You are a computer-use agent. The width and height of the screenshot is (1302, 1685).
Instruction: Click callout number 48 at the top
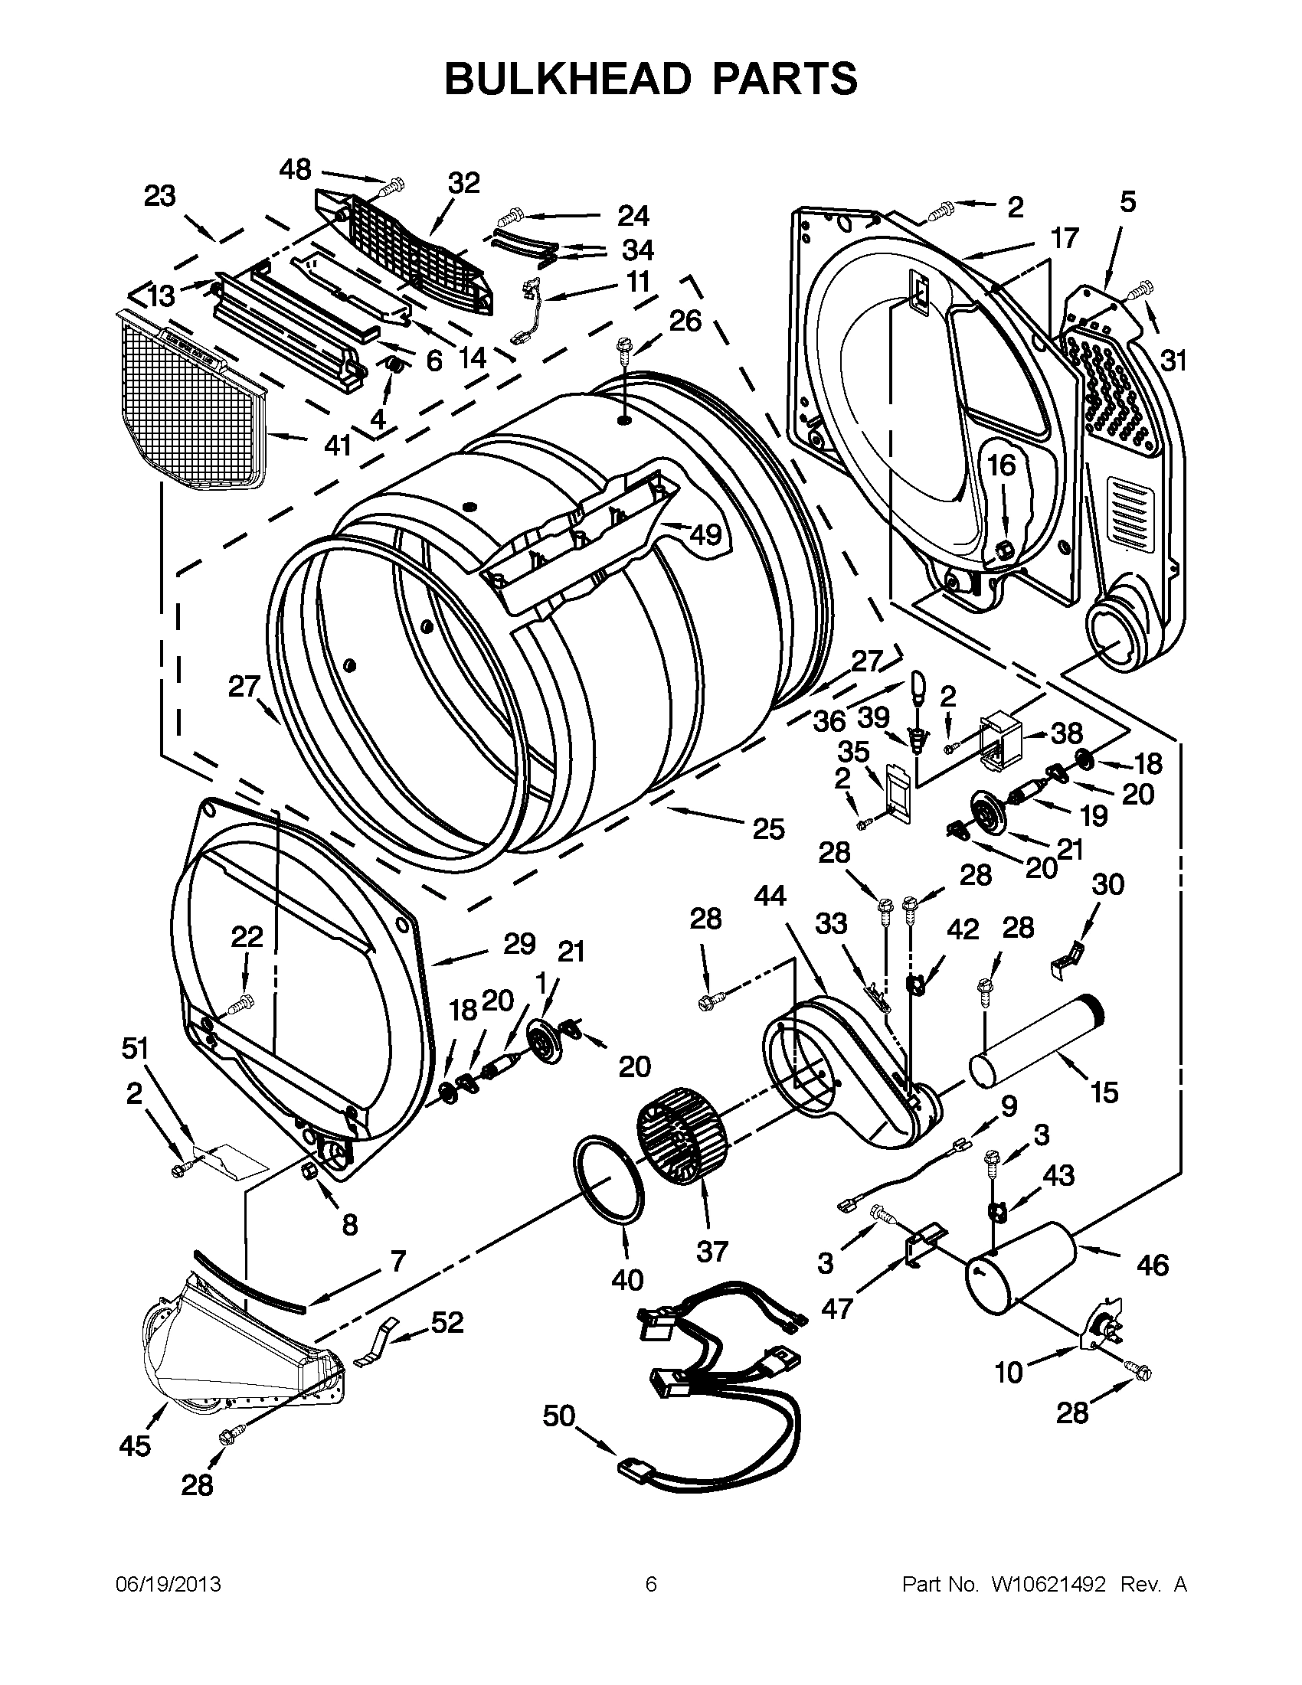(x=295, y=169)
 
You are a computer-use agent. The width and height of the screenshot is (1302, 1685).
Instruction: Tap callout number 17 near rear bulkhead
(x=1064, y=238)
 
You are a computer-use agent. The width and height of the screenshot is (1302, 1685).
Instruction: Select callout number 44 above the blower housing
(x=770, y=896)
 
